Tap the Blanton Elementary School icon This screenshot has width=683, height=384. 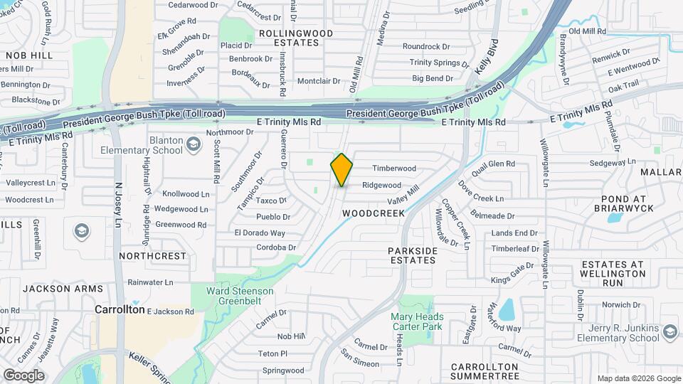tap(193, 145)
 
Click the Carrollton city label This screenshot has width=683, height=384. tap(120, 310)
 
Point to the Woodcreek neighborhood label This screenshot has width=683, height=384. tap(373, 213)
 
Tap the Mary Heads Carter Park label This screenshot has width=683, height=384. tap(417, 321)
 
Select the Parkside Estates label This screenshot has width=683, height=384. tap(413, 255)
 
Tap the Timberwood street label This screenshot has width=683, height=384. tap(394, 169)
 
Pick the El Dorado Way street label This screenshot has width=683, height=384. tap(260, 233)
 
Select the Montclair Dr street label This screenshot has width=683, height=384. tap(319, 81)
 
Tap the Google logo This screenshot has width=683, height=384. tap(23, 375)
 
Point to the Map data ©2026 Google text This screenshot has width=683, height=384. tap(638, 378)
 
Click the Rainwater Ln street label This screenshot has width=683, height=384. tap(150, 282)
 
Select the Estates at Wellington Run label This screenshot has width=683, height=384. tap(612, 273)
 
